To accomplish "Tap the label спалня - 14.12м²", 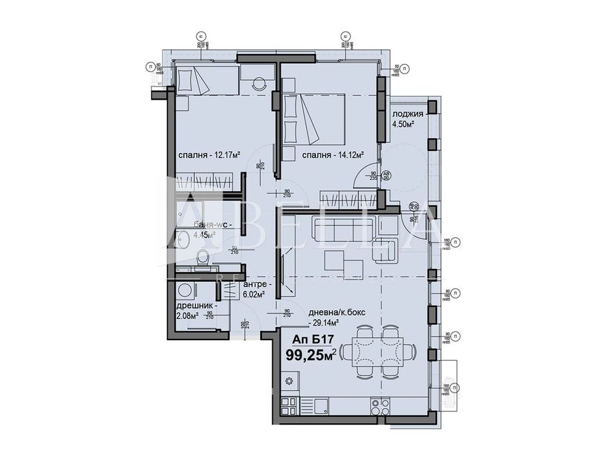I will pos(332,155).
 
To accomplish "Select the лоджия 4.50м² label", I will pos(407,119).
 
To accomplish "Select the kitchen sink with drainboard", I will pos(315,404).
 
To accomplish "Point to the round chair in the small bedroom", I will pos(259,85).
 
